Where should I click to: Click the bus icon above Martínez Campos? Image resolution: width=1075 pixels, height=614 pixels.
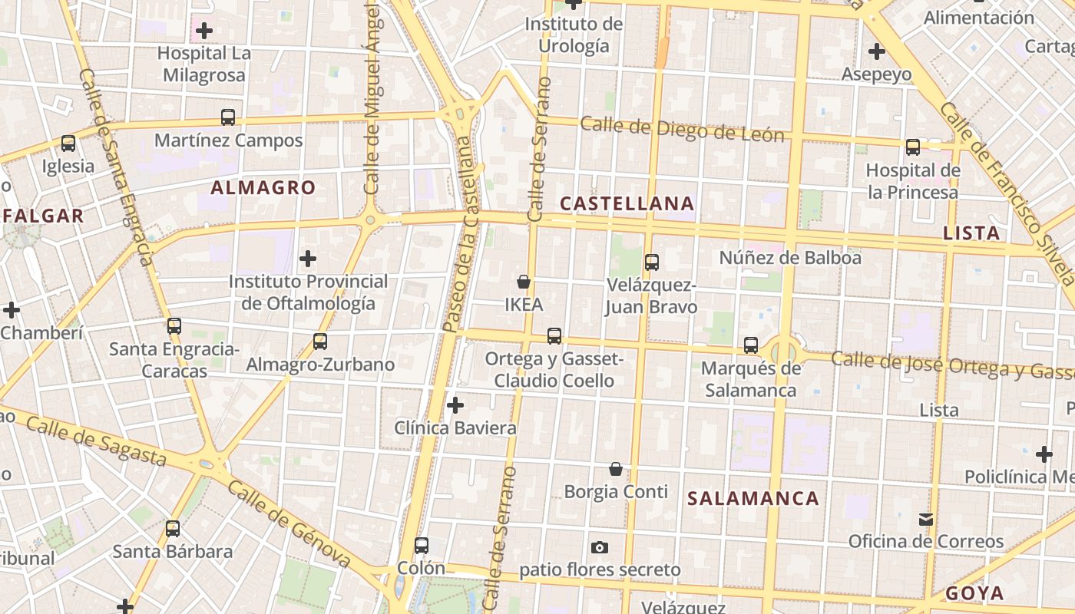tap(228, 117)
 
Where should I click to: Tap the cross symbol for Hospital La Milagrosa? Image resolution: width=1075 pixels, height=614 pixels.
tap(204, 31)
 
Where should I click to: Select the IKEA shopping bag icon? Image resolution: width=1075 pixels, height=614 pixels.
tap(524, 282)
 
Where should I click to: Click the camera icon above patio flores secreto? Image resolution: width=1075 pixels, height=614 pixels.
tap(600, 547)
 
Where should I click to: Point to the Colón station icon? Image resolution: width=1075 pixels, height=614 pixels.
tap(422, 546)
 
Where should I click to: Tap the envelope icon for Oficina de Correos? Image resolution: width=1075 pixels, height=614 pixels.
tap(926, 520)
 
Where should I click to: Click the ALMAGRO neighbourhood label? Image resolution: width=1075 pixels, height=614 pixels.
tap(263, 187)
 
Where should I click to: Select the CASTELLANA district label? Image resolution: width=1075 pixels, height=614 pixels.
tap(627, 203)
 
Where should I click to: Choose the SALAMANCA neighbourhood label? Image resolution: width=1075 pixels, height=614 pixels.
tap(753, 498)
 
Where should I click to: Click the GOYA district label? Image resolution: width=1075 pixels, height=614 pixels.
tap(974, 593)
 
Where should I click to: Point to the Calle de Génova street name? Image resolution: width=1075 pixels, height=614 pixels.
tap(289, 526)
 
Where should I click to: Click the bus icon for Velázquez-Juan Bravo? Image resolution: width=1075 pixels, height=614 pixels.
tap(652, 262)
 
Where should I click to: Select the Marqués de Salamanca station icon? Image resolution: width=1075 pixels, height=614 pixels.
tap(751, 345)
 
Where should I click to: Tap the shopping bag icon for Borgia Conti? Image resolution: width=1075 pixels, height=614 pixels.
tap(616, 469)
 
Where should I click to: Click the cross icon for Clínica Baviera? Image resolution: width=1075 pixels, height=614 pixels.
tap(455, 404)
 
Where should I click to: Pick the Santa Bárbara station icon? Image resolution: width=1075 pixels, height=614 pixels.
tap(173, 529)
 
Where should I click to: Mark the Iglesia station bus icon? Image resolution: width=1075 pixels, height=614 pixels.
tap(68, 144)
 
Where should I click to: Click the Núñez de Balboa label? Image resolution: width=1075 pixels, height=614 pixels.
tap(790, 258)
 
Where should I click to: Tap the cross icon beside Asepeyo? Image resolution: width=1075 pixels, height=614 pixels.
tap(877, 52)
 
